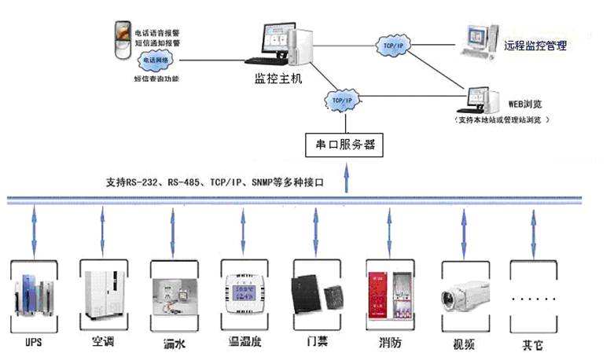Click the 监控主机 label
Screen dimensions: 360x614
[278, 79]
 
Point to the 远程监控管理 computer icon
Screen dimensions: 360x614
[477, 40]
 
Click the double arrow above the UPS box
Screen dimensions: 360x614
[31, 224]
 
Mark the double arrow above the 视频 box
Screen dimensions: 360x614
[461, 224]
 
